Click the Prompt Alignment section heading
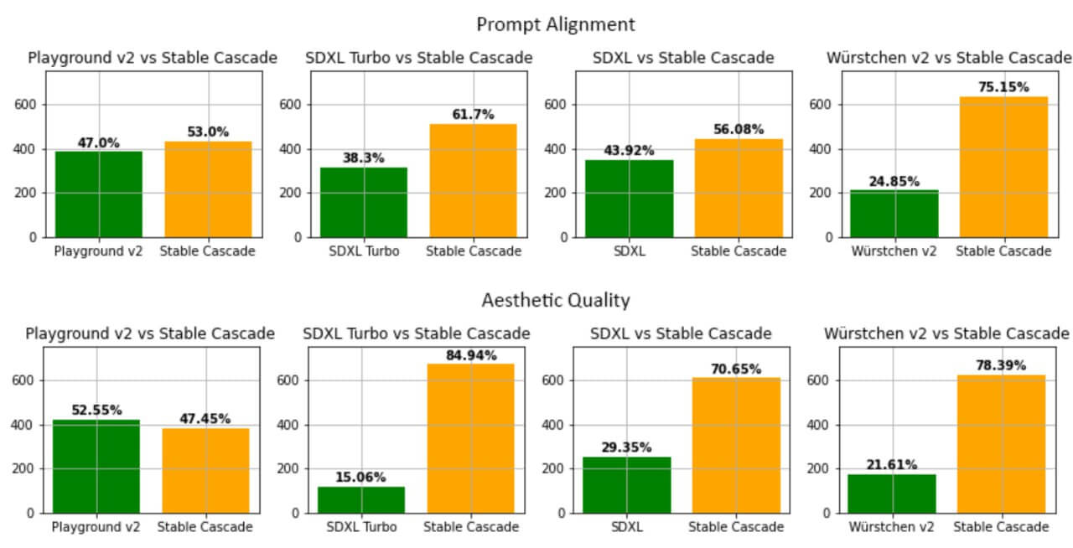pyautogui.click(x=555, y=24)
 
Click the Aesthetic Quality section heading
pyautogui.click(x=555, y=300)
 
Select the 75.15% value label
pyautogui.click(x=1003, y=87)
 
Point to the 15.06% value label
pyautogui.click(x=360, y=478)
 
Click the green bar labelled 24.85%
pyautogui.click(x=894, y=214)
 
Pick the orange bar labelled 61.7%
pyautogui.click(x=473, y=180)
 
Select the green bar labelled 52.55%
pyautogui.click(x=96, y=466)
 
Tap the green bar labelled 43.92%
pyautogui.click(x=629, y=199)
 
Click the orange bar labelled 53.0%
pyautogui.click(x=208, y=189)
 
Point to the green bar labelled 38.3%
pyautogui.click(x=364, y=202)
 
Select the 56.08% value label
pyautogui.click(x=739, y=129)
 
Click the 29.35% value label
pyautogui.click(x=627, y=447)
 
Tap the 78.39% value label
pyautogui.click(x=1001, y=365)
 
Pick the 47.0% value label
pyautogui.click(x=99, y=142)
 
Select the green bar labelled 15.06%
pyautogui.click(x=360, y=499)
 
